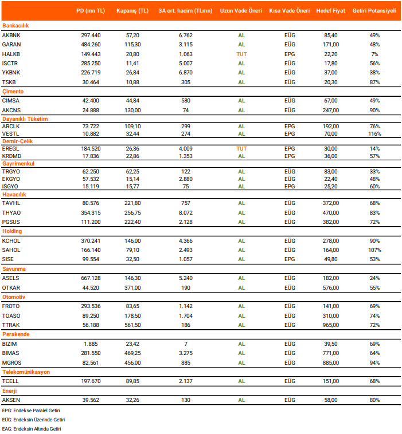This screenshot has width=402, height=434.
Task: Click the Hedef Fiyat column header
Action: pyautogui.click(x=330, y=11)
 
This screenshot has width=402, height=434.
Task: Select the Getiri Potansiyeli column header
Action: pyautogui.click(x=374, y=11)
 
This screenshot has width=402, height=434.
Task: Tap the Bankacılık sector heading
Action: pyautogui.click(x=15, y=26)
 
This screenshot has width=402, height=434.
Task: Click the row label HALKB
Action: pyautogui.click(x=11, y=54)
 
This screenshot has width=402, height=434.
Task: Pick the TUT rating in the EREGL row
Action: pyautogui.click(x=241, y=147)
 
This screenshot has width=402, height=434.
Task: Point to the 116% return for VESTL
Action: pyautogui.click(x=374, y=134)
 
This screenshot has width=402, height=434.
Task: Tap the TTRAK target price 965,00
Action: pyautogui.click(x=330, y=325)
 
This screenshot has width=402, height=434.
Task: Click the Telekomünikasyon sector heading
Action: pyautogui.click(x=26, y=372)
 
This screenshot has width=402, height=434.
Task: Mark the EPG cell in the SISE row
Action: pyautogui.click(x=290, y=259)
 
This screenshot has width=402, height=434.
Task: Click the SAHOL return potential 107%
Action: pyautogui.click(x=374, y=250)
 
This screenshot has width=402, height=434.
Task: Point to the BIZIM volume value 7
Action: pyautogui.click(x=186, y=344)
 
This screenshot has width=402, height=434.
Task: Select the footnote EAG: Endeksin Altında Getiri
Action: pyautogui.click(x=32, y=428)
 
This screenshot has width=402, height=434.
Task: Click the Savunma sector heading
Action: pyautogui.click(x=14, y=269)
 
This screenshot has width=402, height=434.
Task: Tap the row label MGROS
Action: pyautogui.click(x=12, y=362)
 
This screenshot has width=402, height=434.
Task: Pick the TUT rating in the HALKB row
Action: pyautogui.click(x=241, y=54)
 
